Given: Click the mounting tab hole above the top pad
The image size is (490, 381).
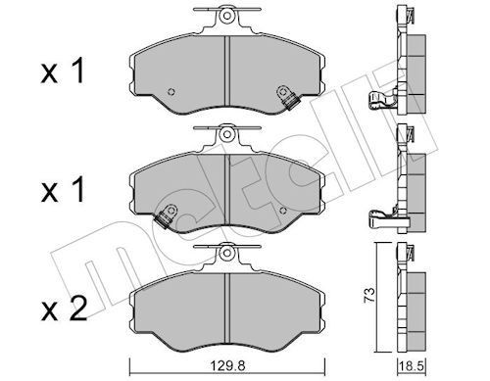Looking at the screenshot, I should [225, 16].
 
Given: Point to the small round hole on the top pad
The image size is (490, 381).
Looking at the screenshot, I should [167, 83].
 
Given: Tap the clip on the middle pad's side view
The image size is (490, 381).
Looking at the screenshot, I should [383, 214].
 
